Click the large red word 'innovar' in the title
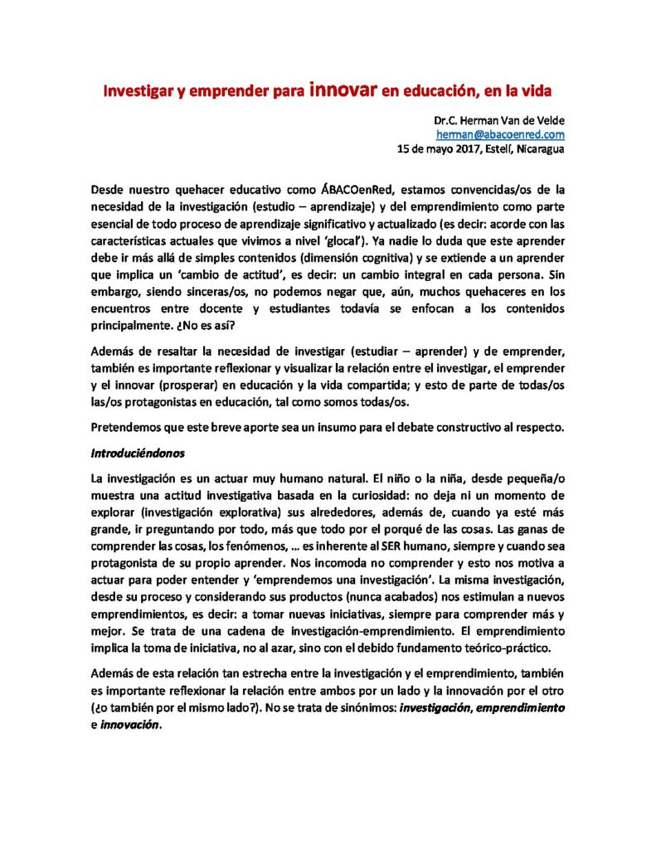coord(343,87)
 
